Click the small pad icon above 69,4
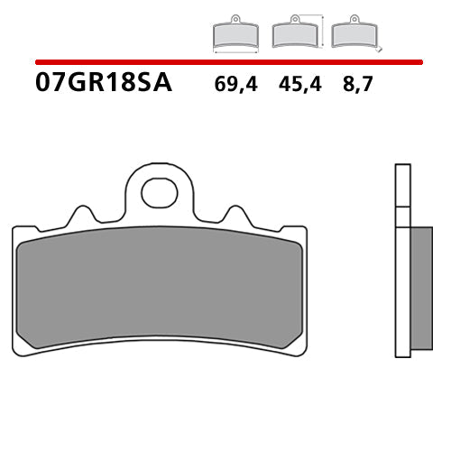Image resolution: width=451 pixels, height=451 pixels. tap(235, 34)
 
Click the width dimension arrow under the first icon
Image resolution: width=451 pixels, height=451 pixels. tap(235, 52)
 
